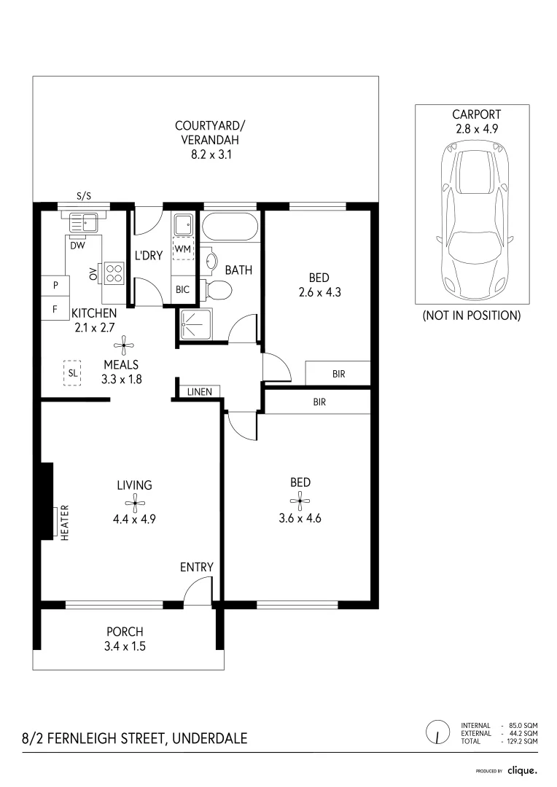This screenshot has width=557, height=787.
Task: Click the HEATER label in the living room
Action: tap(64, 522)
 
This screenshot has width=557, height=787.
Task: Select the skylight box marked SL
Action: tap(71, 372)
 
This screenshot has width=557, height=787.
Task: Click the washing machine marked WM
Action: tap(182, 249)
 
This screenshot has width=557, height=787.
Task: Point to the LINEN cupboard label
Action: tap(199, 392)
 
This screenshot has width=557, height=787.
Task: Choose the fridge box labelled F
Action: tap(55, 308)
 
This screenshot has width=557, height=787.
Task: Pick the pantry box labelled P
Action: tap(55, 285)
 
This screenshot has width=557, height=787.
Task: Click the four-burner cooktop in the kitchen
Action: tap(114, 273)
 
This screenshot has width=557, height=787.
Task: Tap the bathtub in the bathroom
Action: tap(229, 227)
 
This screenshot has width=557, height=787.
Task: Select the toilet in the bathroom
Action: tap(218, 291)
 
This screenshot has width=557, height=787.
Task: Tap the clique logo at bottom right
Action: tap(522, 770)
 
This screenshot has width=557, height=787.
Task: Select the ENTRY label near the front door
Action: tap(197, 568)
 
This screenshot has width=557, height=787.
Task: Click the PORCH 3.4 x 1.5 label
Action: tap(125, 638)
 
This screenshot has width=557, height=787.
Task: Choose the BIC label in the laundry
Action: tap(182, 289)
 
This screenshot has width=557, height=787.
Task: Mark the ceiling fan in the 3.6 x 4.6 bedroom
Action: tap(300, 500)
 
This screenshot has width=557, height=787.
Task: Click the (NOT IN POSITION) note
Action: tap(472, 316)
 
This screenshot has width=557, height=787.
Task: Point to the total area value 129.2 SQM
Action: tap(522, 741)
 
